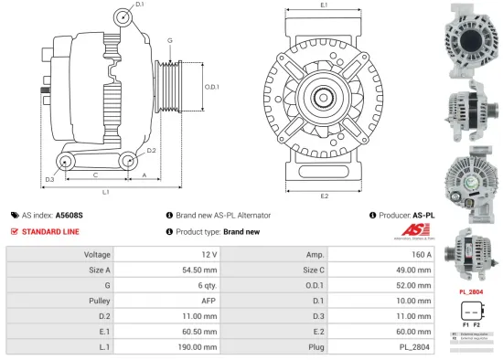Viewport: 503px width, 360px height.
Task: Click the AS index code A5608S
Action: [69, 215]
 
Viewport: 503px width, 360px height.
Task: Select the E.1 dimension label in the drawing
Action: [325, 6]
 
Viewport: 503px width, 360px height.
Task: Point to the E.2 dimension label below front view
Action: [325, 196]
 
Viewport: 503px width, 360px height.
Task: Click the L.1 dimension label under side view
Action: [105, 192]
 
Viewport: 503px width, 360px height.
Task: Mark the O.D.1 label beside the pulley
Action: [211, 87]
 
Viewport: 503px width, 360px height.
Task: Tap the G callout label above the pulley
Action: [169, 40]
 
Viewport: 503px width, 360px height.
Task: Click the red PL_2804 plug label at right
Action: [471, 291]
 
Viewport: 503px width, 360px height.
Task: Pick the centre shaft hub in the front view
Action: [325, 96]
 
